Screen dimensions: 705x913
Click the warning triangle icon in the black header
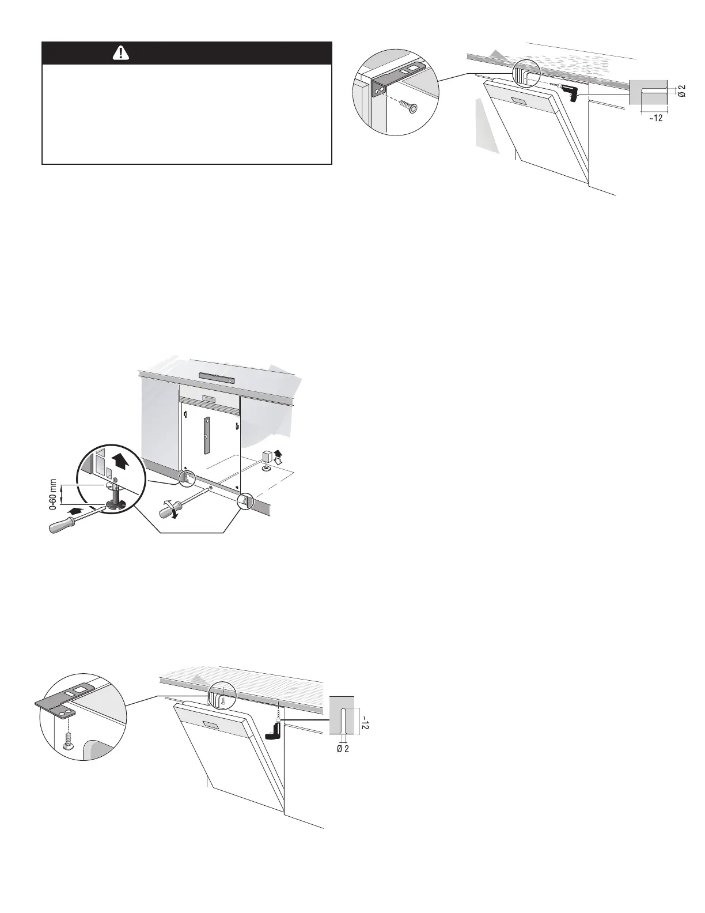point(122,53)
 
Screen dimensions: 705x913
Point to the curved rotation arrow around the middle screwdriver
point(170,512)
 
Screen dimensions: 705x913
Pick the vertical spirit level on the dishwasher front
point(206,436)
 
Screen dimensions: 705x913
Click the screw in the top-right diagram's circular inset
point(410,108)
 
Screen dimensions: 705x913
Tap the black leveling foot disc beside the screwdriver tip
point(115,505)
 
